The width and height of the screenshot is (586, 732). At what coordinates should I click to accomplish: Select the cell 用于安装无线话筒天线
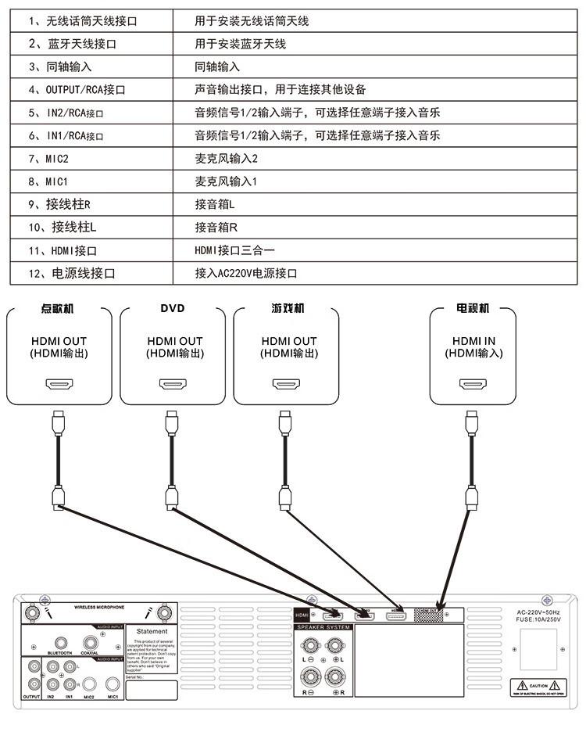252,21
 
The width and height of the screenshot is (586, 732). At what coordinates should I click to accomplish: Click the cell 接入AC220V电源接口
246,274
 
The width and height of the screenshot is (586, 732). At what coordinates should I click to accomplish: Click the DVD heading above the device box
173,308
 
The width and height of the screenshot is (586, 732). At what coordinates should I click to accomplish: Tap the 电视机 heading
473,308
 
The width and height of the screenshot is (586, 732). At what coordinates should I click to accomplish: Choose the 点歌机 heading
58,308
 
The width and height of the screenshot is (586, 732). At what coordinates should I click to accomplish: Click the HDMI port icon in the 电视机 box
473,384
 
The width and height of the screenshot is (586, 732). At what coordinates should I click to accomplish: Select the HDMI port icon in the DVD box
173,384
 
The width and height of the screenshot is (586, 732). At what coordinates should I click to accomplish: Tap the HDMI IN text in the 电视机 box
473,341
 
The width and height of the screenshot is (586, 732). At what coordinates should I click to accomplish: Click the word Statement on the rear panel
152,631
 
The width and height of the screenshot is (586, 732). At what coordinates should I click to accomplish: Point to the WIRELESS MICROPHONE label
99,607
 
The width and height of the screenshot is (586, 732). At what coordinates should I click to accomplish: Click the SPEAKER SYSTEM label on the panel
323,627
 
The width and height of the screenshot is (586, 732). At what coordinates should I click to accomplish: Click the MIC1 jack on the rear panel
113,683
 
